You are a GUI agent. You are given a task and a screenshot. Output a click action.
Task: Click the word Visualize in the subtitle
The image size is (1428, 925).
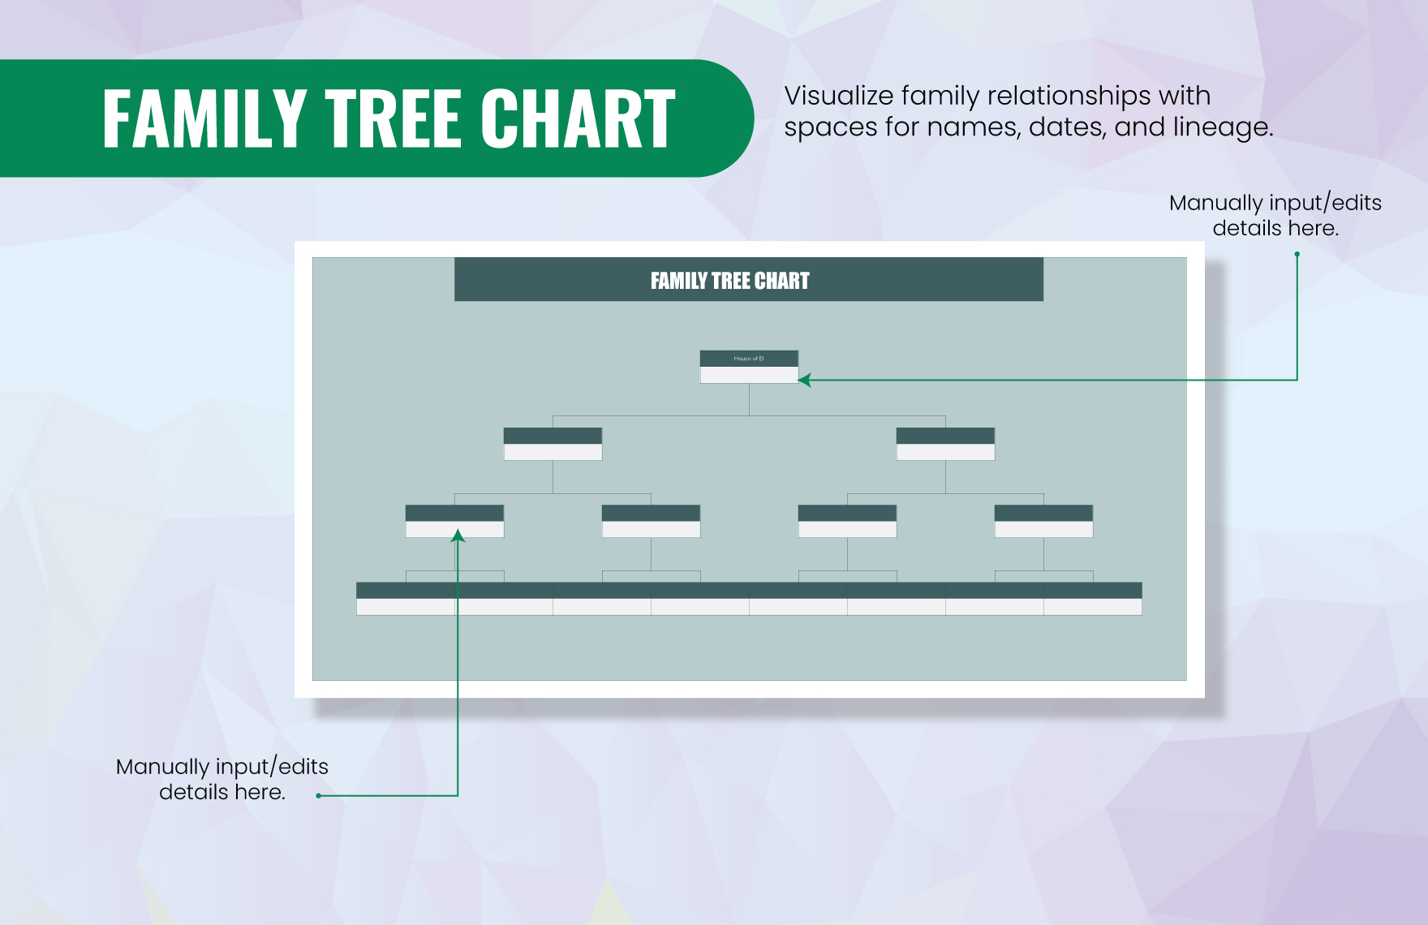pos(838,97)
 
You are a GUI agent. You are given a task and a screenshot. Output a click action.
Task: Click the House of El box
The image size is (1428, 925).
pos(749,366)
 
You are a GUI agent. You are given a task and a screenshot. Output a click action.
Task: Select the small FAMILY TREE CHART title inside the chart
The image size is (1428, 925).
pos(729,281)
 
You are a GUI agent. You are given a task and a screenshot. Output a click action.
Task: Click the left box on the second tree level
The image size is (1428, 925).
pos(553,444)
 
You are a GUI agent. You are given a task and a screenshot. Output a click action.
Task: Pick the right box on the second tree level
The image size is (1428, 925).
pos(945,444)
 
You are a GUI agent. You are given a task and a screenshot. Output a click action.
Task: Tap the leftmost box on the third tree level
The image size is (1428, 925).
pos(454,521)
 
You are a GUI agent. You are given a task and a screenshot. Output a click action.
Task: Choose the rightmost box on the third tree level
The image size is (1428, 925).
pos(1043,521)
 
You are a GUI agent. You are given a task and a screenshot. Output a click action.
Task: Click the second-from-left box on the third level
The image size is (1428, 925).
pos(651,521)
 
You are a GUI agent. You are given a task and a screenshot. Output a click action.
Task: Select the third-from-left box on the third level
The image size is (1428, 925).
pos(847,521)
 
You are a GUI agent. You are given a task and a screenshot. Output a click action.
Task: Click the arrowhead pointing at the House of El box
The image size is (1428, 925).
pos(804,379)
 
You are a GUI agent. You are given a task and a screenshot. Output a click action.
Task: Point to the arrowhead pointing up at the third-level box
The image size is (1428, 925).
pos(458,536)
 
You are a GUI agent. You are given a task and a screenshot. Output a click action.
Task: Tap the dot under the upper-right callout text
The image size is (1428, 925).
pos(1297,254)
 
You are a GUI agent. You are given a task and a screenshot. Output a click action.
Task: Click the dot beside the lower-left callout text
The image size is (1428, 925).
pos(319,795)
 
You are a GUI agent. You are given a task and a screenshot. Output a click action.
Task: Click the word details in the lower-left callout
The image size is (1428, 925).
pos(193,792)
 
